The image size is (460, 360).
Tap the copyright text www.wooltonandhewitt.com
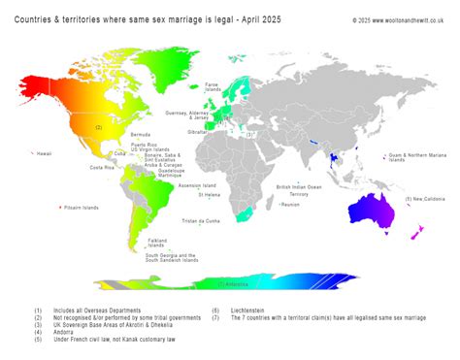point(396,18)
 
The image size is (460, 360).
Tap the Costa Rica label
point(103,167)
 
